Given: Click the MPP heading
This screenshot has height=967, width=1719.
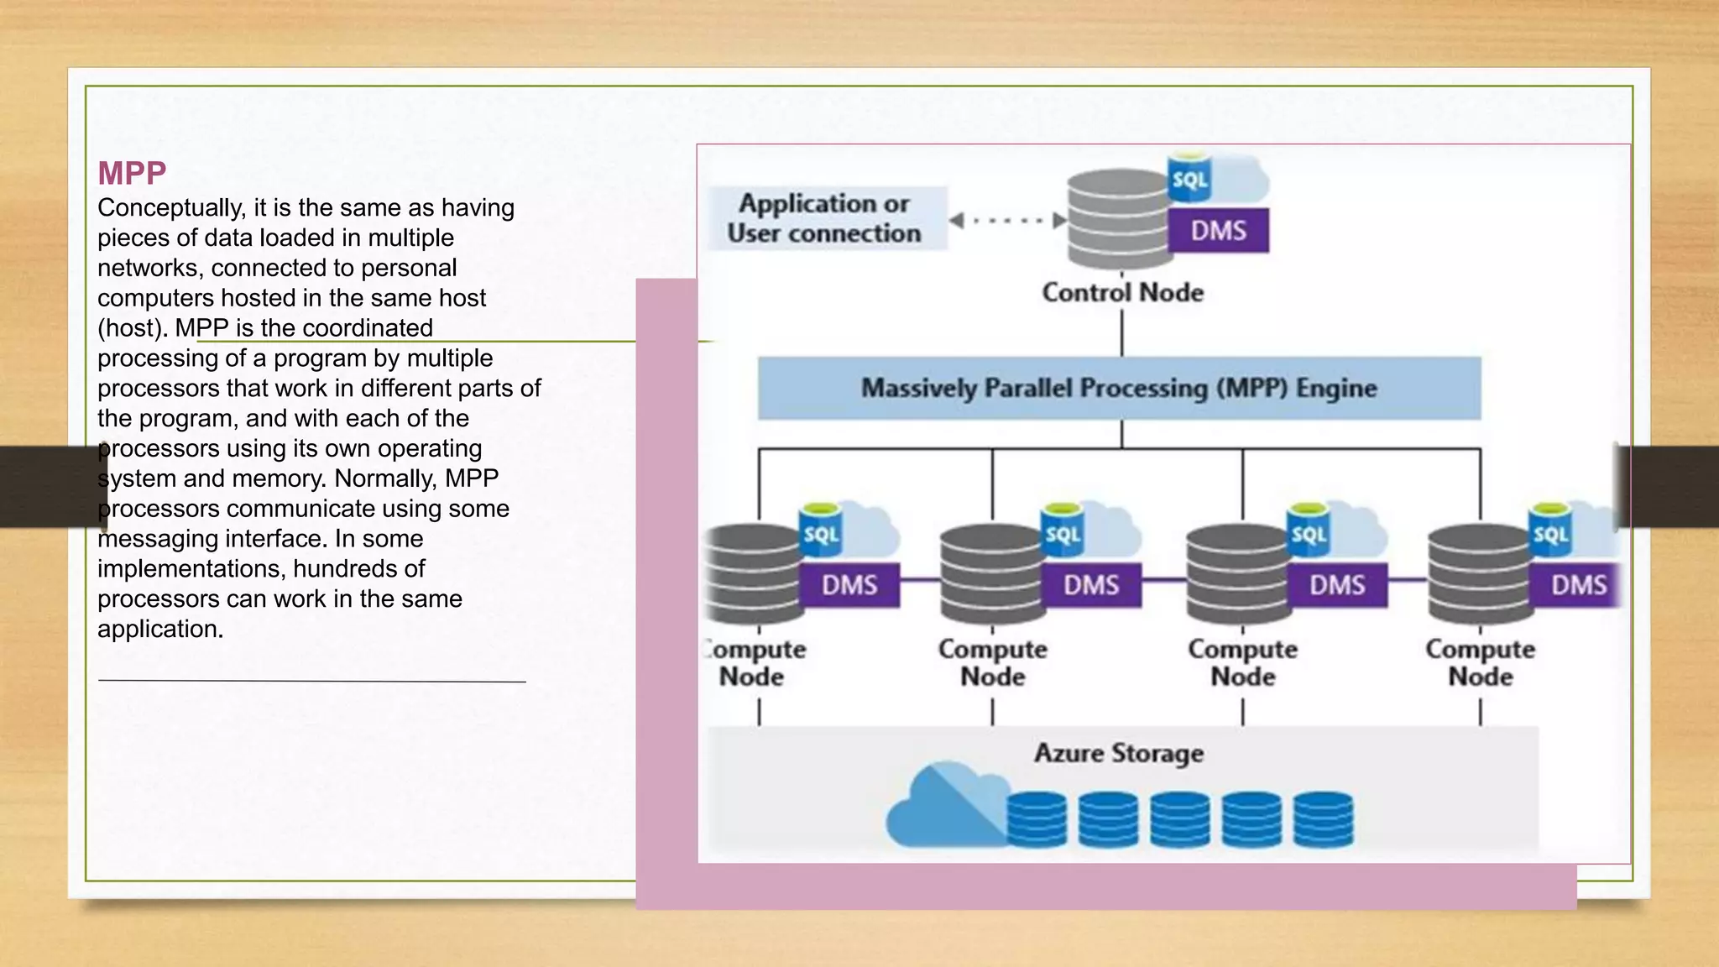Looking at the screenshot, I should pos(132,174).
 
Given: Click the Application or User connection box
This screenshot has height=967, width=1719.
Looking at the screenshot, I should pos(825,218).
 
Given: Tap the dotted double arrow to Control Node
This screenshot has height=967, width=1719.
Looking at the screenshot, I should pos(1007,221).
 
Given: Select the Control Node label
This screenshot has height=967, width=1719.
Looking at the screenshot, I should pos(1122,293).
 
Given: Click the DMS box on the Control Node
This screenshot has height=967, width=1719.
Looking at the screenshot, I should pos(1218,231).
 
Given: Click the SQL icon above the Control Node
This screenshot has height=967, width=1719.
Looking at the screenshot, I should pos(1189,178).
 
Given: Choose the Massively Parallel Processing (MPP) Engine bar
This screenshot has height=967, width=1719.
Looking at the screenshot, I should pos(1119,388).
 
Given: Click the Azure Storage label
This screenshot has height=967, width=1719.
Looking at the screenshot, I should pos(1118,753).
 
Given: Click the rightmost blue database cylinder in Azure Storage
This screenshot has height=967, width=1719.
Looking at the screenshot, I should pos(1323,819).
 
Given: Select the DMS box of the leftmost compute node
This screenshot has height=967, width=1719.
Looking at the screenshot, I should pos(849,585).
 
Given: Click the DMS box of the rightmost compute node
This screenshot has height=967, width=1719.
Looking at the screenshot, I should pos(1577,585).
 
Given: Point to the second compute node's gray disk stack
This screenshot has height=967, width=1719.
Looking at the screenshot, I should pos(990,575).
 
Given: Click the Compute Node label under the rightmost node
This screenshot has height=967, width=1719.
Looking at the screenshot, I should pos(1480,662).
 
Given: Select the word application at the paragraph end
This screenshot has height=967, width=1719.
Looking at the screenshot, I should pos(159,630).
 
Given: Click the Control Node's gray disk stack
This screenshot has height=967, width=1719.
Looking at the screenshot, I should pos(1116,218).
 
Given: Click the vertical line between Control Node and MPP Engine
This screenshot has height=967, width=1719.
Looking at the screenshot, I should pos(1122,333).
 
